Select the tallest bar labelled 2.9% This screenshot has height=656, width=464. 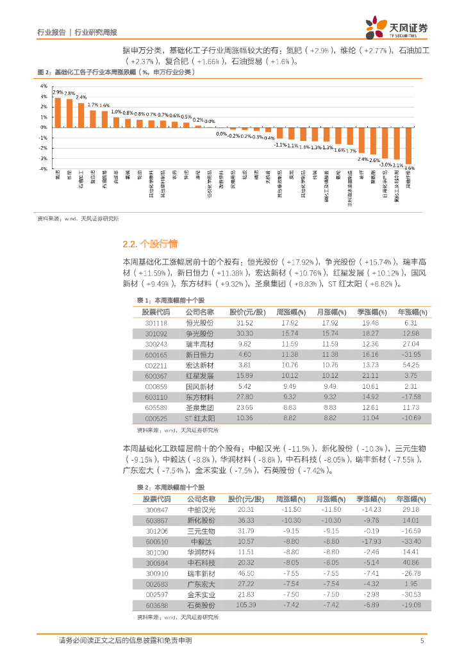tap(58, 112)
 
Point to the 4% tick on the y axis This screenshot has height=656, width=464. tap(44, 85)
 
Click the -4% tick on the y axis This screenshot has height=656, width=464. tap(44, 168)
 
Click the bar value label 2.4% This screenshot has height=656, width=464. tap(81, 97)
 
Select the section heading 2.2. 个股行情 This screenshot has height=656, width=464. tap(149, 244)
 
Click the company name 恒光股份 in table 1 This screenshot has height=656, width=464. tap(199, 323)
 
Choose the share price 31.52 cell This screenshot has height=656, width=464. tap(245, 323)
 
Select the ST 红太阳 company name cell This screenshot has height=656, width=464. tap(199, 418)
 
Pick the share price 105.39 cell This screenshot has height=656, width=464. tap(246, 604)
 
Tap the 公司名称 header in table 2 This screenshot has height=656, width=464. tap(199, 498)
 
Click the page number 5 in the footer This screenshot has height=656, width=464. tap(422, 640)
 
